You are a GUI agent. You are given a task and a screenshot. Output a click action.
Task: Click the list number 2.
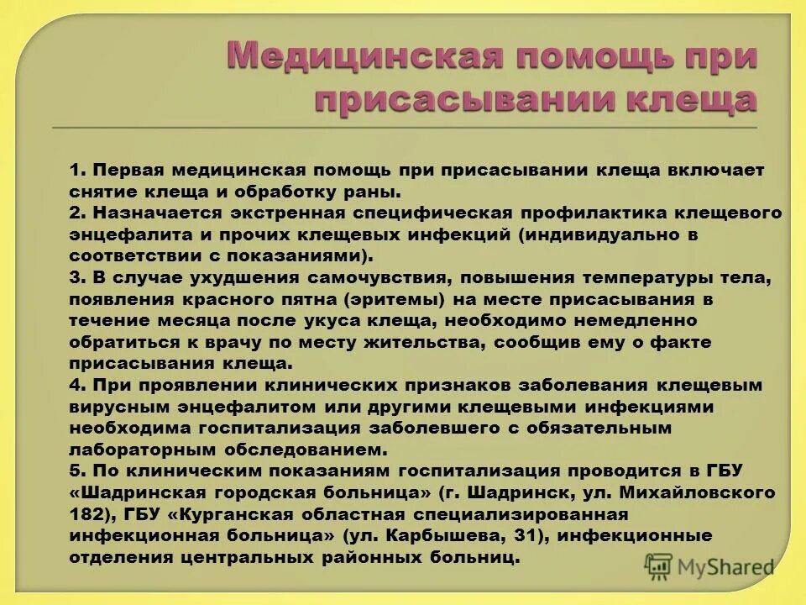[76, 213]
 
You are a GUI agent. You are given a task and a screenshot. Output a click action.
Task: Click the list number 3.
[76, 277]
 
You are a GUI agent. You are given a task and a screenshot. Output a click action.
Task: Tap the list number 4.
[76, 386]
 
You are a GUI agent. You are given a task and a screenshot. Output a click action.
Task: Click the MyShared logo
[709, 568]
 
